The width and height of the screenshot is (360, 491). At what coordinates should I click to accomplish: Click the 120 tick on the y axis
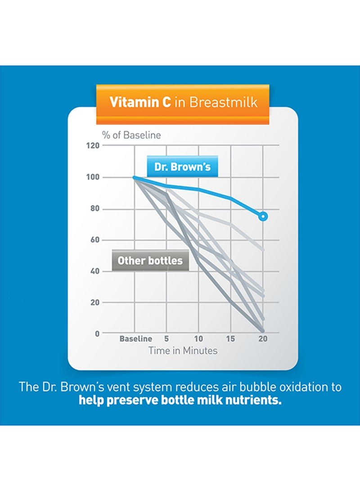[x=93, y=146]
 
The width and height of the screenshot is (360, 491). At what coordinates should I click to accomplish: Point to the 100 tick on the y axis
[x=93, y=177]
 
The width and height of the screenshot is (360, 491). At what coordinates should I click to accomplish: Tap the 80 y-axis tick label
[x=94, y=209]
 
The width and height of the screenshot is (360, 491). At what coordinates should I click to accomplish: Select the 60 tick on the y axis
[x=94, y=240]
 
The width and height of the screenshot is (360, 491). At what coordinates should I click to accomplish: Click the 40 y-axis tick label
[x=94, y=271]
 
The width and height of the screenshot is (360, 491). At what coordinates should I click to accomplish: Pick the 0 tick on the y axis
[x=97, y=333]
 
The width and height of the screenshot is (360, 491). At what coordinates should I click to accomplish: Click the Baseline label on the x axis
[x=135, y=339]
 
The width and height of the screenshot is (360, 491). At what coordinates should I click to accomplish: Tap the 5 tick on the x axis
[x=166, y=339]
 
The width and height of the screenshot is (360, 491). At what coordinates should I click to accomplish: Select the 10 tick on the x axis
[x=198, y=339]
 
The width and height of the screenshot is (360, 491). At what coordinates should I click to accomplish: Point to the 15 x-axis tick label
[x=230, y=339]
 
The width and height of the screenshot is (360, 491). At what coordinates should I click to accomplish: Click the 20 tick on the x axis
[x=263, y=339]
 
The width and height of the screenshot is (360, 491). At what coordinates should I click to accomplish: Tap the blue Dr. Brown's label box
[x=182, y=167]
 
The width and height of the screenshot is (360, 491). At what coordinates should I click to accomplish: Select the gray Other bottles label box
[x=150, y=261]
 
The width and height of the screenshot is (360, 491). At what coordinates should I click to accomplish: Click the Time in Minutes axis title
[x=183, y=351]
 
